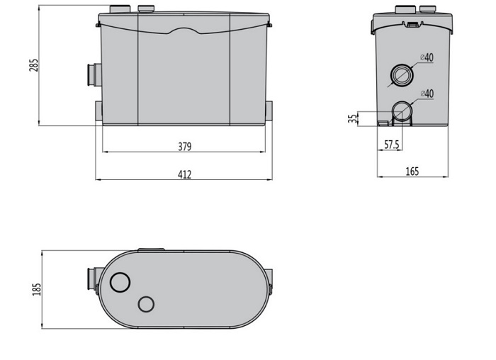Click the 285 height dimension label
pos(33,65)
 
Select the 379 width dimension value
pos(185,147)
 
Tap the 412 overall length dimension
pos(184,174)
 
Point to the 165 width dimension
pos(412,171)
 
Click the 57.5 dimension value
pos(392,145)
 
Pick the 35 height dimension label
pos(352,118)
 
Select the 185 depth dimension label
pos(37,289)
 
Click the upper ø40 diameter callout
pos(427,57)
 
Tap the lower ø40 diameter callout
pos(427,94)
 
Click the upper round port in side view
pos(402,75)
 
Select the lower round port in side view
pos(402,111)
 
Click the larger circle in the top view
pos(120,282)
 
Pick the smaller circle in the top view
pos(146,304)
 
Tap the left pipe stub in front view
pos(94,74)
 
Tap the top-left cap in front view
pos(120,9)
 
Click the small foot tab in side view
pos(383,123)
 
